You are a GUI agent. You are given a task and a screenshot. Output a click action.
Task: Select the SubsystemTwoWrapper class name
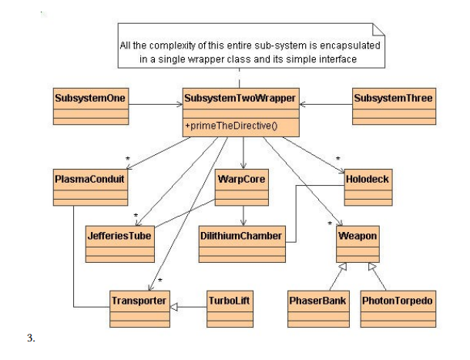pos(240,99)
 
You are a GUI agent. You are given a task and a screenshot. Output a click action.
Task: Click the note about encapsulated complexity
pos(248,52)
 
